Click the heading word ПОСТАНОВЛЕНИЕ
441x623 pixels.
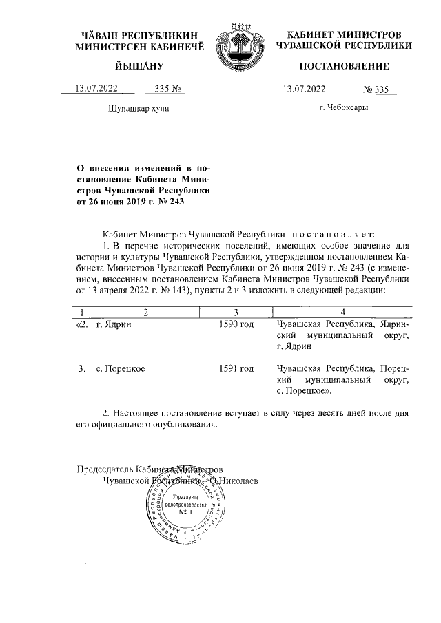(343, 66)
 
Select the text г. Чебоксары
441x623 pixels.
(343, 108)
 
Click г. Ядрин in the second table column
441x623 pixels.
(113, 324)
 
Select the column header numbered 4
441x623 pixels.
(341, 311)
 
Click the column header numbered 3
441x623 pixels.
(236, 311)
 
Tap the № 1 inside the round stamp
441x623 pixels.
(185, 513)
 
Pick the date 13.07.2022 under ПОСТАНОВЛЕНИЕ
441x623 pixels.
(305, 88)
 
